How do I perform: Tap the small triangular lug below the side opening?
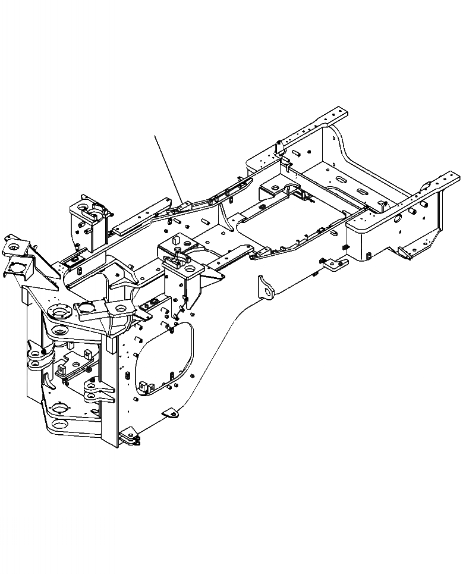coord(171,412)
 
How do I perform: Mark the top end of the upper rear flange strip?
coord(343,111)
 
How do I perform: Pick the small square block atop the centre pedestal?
coord(176,242)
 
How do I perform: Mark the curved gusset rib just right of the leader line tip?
coord(221,212)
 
